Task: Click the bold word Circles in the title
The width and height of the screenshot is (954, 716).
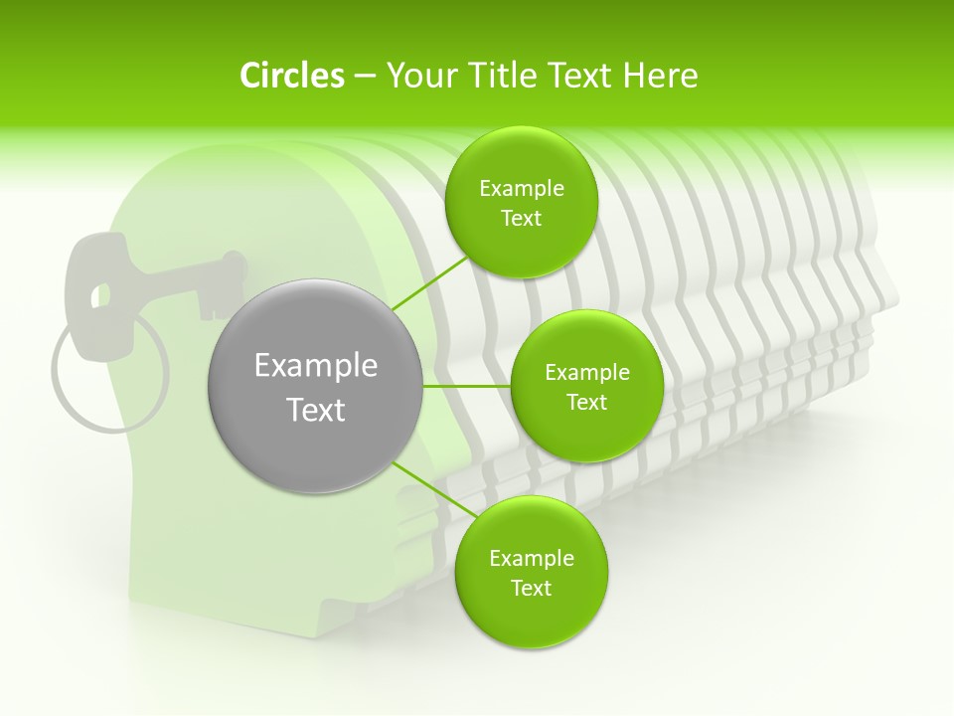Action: click(291, 76)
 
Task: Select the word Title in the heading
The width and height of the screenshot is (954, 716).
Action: click(499, 76)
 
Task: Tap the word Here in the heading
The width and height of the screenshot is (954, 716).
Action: click(661, 76)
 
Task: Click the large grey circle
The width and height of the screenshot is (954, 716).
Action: click(316, 386)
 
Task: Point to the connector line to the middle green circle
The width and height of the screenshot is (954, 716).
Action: click(467, 386)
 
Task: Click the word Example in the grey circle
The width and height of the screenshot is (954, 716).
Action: click(316, 366)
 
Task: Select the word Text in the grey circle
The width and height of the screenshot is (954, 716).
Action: click(316, 410)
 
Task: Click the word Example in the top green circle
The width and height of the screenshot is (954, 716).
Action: click(521, 189)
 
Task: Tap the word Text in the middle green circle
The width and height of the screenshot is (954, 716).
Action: click(586, 403)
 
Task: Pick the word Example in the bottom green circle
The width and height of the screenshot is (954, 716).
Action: click(531, 559)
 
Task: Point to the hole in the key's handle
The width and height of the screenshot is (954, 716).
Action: click(99, 295)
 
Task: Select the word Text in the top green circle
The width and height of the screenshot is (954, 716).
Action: click(521, 219)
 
